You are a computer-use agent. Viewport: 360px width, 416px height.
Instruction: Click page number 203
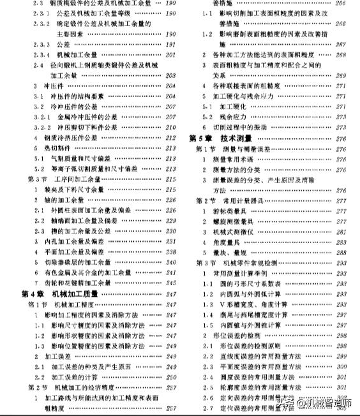170,75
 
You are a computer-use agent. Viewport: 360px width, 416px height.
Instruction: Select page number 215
170,179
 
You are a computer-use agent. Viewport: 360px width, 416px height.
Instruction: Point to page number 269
340,75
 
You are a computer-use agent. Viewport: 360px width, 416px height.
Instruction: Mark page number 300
340,367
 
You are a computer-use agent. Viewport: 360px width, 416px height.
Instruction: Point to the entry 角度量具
237,242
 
